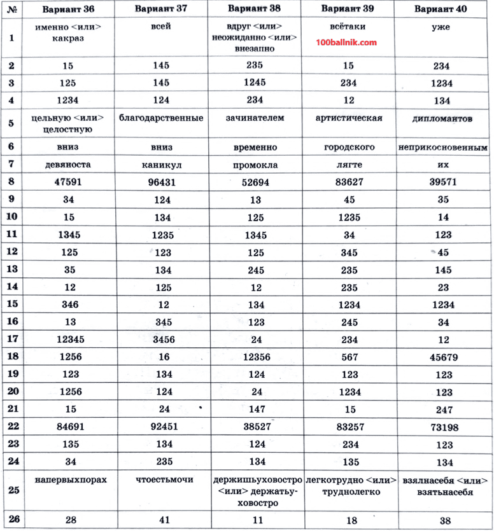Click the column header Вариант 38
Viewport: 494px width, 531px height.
point(253,9)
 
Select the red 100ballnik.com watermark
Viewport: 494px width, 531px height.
point(346,43)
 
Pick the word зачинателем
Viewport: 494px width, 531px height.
point(255,118)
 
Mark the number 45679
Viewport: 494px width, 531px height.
point(443,357)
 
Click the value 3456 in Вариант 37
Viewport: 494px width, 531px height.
point(163,340)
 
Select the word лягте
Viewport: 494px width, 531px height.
point(348,164)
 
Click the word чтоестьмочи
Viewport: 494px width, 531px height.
point(164,479)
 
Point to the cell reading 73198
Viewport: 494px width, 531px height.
point(443,427)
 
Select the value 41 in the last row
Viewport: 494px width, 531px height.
point(164,520)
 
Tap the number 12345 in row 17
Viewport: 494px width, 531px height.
point(70,340)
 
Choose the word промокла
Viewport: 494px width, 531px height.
point(255,164)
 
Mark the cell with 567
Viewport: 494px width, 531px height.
point(348,357)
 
